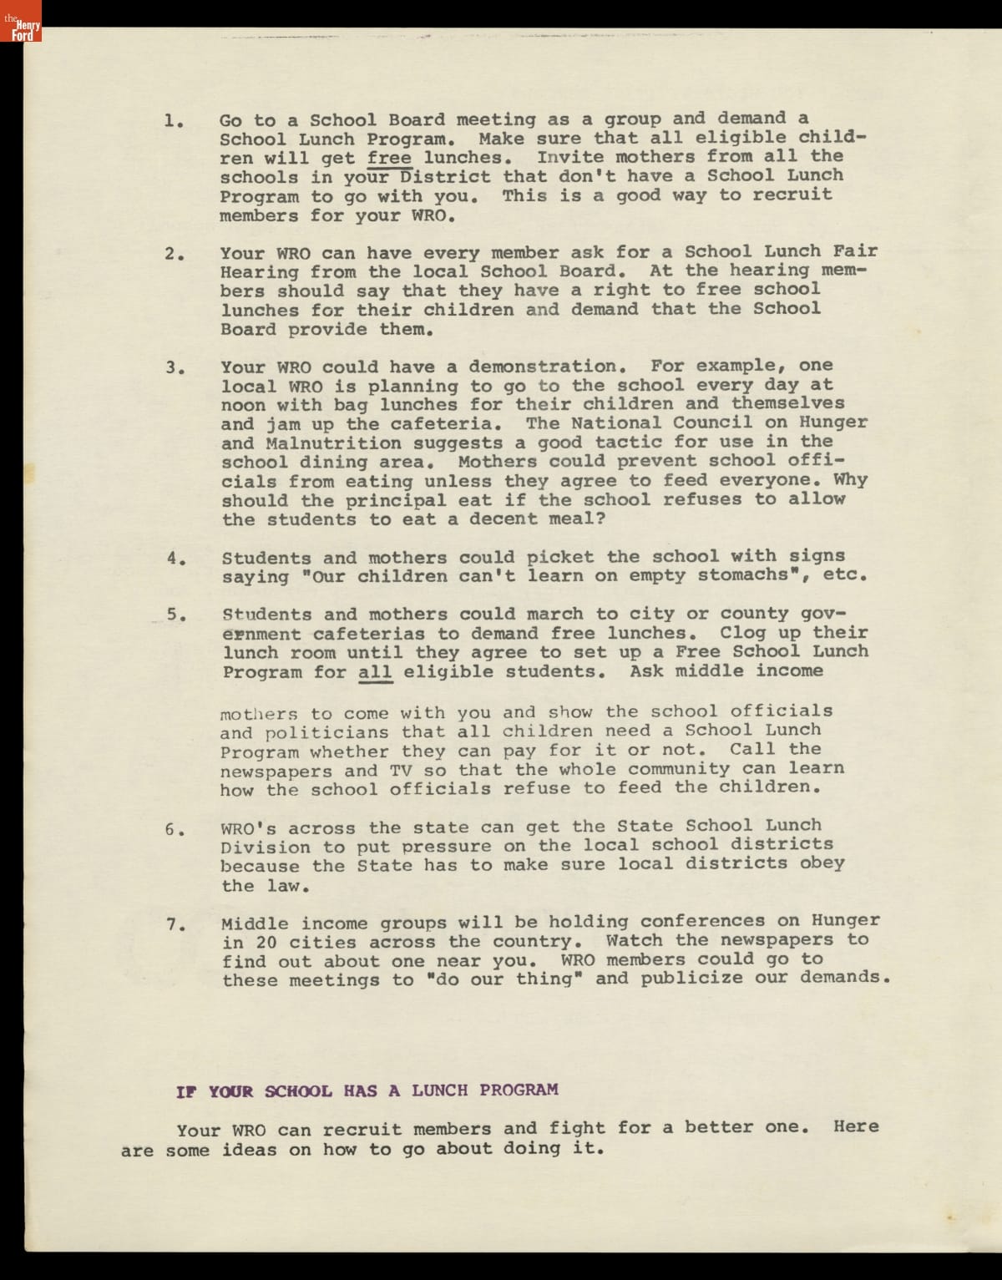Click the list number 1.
click(172, 121)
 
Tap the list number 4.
click(175, 559)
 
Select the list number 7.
click(175, 924)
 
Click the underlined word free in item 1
click(389, 158)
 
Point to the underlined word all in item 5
click(375, 672)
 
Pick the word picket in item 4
click(560, 557)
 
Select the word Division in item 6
click(266, 847)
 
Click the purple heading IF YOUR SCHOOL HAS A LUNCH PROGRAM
click(367, 1090)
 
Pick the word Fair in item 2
click(855, 251)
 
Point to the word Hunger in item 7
click(845, 921)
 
